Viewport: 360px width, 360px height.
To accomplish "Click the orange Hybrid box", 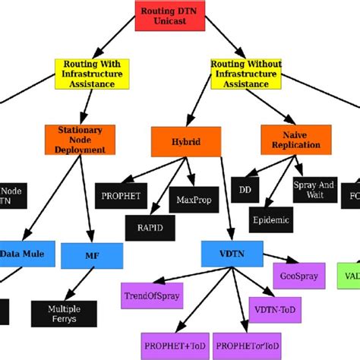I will click(x=185, y=141).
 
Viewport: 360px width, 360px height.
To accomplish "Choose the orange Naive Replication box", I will click(x=291, y=139).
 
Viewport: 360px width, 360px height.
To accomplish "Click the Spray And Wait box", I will click(x=313, y=189).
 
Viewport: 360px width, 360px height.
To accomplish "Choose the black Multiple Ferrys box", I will click(x=64, y=312).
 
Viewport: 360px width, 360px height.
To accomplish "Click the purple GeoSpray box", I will click(x=293, y=277).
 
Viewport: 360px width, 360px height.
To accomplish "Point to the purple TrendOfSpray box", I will click(x=152, y=295).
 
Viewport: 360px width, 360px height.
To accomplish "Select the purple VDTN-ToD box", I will click(x=271, y=309).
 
